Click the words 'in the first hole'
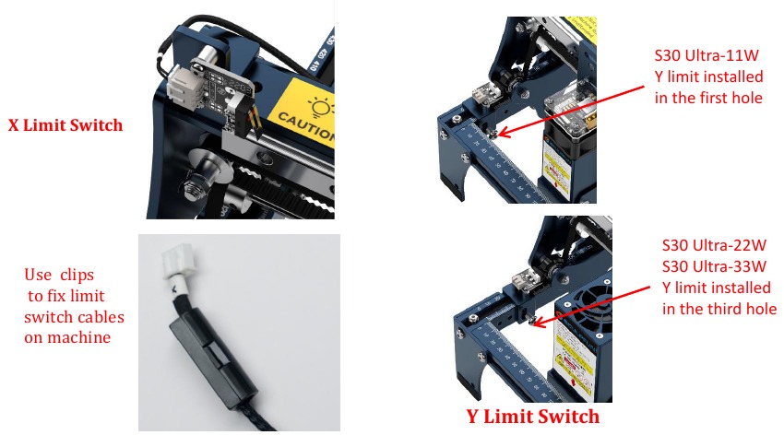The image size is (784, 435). click(x=707, y=97)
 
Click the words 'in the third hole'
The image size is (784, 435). click(x=719, y=309)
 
